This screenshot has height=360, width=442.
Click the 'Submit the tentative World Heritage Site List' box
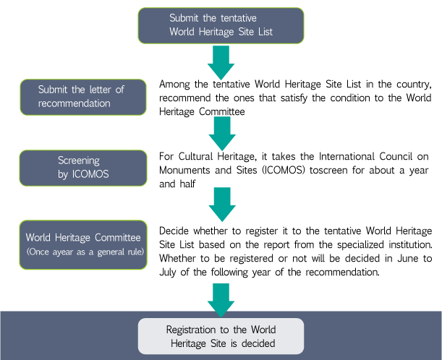point(221,25)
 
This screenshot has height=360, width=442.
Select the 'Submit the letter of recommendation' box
point(83,97)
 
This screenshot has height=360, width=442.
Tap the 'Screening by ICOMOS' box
point(83,168)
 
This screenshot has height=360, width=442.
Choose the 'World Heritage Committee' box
point(83,245)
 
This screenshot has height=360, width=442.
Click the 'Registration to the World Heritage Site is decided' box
point(221,336)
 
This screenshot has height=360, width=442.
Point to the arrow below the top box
point(221,63)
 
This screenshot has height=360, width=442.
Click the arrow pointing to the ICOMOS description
point(222,134)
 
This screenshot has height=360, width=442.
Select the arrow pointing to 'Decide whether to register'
point(222,205)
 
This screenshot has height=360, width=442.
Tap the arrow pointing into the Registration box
point(221,301)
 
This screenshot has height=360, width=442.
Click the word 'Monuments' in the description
point(184,170)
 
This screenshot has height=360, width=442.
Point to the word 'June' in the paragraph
point(407,258)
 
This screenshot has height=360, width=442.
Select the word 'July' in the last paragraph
point(168,273)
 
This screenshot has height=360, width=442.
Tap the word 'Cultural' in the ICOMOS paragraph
point(195,156)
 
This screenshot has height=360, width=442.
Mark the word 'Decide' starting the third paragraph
point(174,231)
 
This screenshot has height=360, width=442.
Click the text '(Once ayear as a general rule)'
point(85,252)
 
